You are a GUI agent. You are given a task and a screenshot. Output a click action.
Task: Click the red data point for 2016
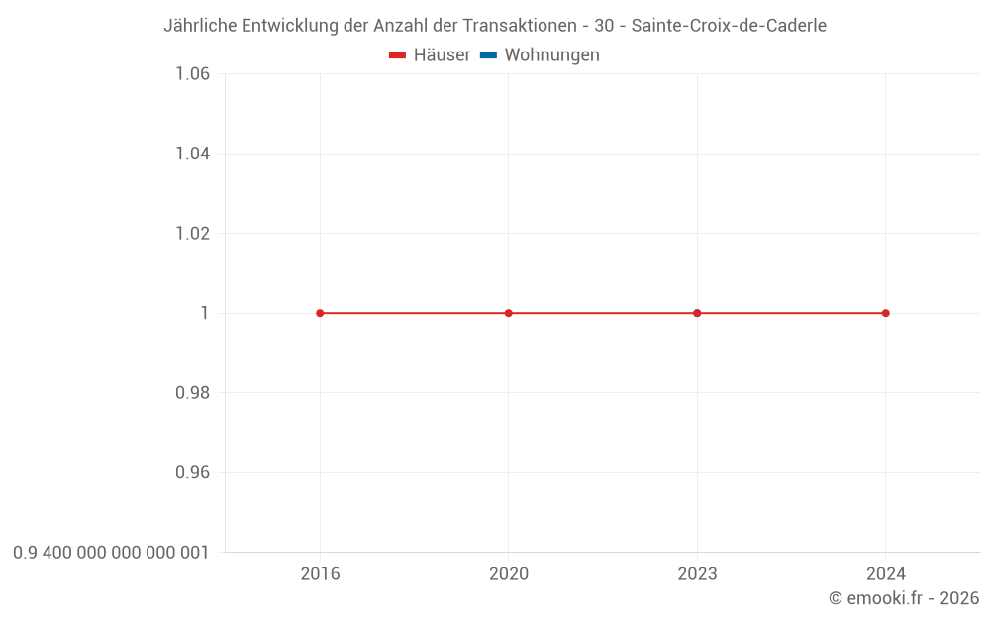tap(320, 313)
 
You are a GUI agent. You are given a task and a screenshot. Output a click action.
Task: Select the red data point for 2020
tap(509, 313)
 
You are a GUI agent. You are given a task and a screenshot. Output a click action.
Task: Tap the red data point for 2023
tap(697, 313)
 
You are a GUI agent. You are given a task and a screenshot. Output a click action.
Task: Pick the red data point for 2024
tap(885, 313)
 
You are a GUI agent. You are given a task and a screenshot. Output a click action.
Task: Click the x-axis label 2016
tap(320, 574)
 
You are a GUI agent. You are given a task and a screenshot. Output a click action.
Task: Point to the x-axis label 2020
tap(509, 574)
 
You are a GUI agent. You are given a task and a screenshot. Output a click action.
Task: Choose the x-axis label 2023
tap(697, 574)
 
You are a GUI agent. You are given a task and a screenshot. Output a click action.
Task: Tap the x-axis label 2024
tap(885, 574)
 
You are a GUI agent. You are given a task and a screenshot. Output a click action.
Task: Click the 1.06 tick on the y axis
tap(192, 74)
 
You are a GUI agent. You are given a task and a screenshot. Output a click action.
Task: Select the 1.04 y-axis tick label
tap(192, 154)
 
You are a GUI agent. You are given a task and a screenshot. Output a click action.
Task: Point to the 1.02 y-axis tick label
tap(192, 234)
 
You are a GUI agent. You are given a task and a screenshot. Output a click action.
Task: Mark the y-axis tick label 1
tap(205, 313)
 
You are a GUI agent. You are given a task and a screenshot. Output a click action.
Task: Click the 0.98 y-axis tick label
tap(192, 393)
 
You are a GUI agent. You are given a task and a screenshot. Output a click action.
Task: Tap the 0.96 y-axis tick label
tap(192, 472)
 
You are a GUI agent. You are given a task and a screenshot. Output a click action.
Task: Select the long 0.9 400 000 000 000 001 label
tap(111, 553)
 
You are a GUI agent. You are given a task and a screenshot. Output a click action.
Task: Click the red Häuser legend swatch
tap(398, 55)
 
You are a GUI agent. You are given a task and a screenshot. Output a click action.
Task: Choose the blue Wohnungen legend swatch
tap(488, 55)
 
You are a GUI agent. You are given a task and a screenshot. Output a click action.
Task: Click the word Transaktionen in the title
tap(519, 26)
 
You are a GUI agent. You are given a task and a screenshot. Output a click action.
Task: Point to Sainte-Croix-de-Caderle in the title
tap(729, 26)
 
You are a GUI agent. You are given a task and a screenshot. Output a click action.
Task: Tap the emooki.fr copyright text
tap(904, 598)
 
